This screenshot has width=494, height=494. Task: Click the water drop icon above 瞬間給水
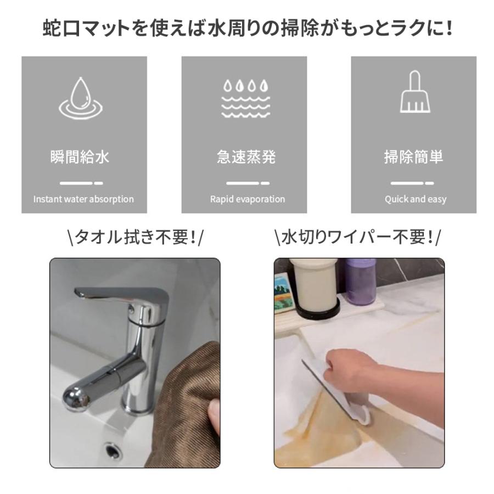pos(81,98)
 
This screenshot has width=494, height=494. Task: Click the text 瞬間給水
pos(80,158)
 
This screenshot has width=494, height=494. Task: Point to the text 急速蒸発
pos(246,158)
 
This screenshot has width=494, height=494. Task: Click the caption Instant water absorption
pos(83,199)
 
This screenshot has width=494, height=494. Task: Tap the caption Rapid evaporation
pos(248,199)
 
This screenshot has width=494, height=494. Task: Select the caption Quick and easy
pos(416,199)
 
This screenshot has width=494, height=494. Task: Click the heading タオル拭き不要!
pos(135,238)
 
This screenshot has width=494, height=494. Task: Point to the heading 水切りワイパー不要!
pos(357,238)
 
